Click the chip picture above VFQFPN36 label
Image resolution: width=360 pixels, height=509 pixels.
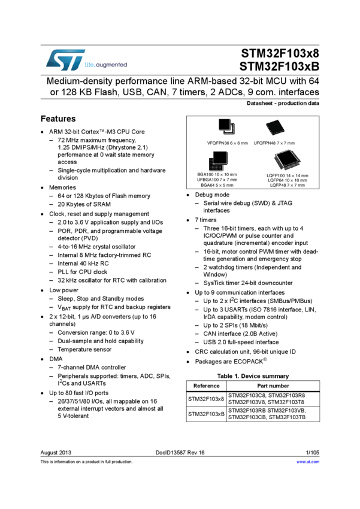(228, 126)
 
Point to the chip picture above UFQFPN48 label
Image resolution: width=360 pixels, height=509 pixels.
(275, 127)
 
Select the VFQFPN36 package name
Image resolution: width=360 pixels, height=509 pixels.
(218, 144)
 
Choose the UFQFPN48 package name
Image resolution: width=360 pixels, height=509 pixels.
(264, 144)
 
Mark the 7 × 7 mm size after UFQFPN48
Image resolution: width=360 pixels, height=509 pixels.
(285, 144)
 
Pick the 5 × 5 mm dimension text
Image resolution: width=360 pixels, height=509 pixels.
(225, 185)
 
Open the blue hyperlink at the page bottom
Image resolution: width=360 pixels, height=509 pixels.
(308, 462)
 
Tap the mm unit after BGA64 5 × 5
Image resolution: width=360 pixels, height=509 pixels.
(230, 185)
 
